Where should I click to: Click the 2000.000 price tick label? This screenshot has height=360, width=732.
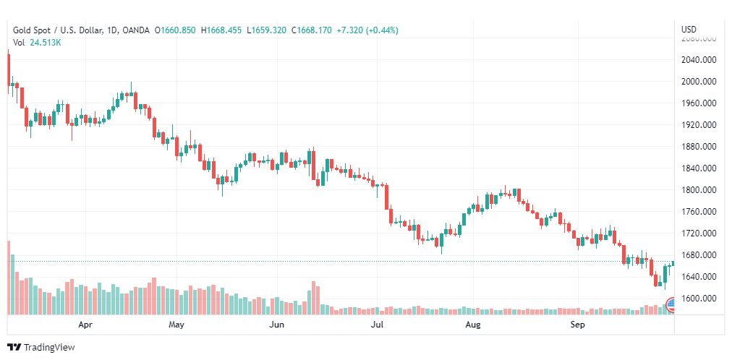pos(698,81)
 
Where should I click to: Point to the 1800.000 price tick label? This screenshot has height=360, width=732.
pos(698,190)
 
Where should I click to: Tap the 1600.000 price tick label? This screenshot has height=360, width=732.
pos(698,299)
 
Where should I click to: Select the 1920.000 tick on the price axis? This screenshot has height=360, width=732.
pos(698,124)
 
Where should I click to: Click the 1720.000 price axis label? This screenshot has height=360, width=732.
pos(698,233)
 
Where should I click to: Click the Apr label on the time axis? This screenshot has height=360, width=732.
pos(85,325)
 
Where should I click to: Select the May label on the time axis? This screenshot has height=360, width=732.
pos(176,325)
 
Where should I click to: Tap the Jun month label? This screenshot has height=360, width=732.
pos(276,325)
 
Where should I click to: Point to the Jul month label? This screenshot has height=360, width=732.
pos(377,325)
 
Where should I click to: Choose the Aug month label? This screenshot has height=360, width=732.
pos(473,325)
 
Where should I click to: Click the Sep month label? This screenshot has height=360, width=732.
pos(577,325)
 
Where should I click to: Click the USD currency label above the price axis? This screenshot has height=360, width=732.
pos(689,29)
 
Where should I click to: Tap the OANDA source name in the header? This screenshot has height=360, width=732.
pos(137,30)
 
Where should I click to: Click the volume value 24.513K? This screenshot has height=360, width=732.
pos(46,43)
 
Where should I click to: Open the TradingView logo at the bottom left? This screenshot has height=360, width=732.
pos(41,347)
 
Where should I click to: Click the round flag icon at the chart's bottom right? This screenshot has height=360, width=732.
pos(671,303)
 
